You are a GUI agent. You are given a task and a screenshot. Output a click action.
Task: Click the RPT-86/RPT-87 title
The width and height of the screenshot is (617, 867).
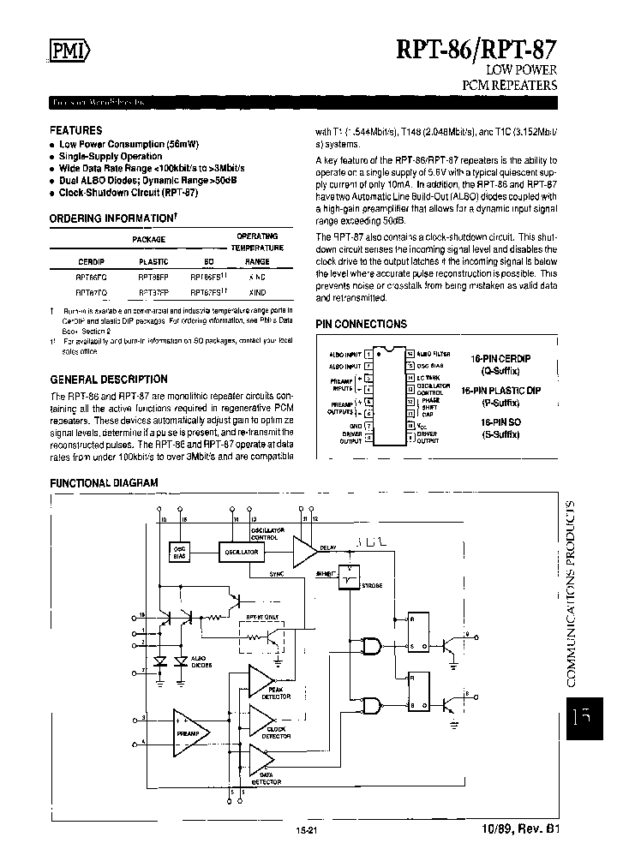click(476, 47)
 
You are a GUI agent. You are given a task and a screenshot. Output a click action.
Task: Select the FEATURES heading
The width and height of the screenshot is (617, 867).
click(76, 131)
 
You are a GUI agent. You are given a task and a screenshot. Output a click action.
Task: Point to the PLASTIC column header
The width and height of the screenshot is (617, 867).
click(153, 260)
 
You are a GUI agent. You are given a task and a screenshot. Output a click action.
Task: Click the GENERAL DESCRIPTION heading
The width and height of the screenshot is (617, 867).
click(109, 379)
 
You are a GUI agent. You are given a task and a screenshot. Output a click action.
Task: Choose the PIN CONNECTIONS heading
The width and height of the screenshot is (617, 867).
click(361, 325)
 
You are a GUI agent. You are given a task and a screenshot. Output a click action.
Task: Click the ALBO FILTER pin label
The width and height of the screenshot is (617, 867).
click(434, 353)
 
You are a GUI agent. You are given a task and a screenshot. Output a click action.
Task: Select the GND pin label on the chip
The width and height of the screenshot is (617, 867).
click(356, 424)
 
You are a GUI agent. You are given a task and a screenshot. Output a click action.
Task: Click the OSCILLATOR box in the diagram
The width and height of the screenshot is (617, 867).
click(243, 553)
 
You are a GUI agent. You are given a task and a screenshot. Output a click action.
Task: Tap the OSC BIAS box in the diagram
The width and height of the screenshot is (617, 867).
click(179, 553)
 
